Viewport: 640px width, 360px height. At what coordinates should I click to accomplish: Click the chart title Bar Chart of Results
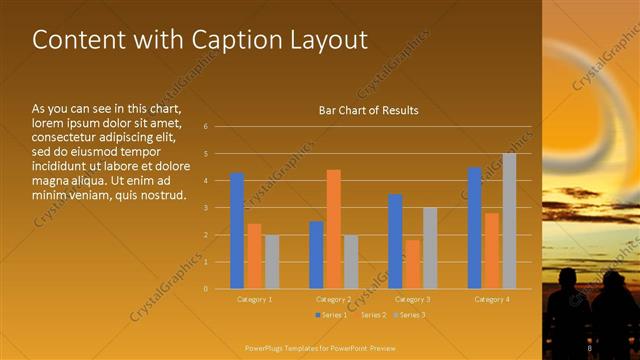[x=368, y=110]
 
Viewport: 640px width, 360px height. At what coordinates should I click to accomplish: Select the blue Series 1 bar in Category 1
[x=237, y=230]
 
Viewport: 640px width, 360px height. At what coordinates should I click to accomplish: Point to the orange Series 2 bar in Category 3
[x=412, y=264]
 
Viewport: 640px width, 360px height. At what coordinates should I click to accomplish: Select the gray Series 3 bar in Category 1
[x=272, y=261]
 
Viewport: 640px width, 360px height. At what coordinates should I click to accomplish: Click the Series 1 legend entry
[x=333, y=315]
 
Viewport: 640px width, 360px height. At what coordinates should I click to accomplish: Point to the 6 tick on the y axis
[x=205, y=127]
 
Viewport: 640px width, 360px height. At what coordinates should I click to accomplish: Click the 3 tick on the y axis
[x=205, y=208]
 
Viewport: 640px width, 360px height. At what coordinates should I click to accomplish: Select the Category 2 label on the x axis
[x=333, y=299]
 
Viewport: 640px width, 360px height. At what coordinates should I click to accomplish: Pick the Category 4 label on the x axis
[x=491, y=299]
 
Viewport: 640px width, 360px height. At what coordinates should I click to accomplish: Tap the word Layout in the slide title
[x=331, y=40]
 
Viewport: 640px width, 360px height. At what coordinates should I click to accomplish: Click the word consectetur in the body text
[x=71, y=137]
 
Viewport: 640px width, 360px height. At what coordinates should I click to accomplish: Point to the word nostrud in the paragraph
[x=161, y=193]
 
